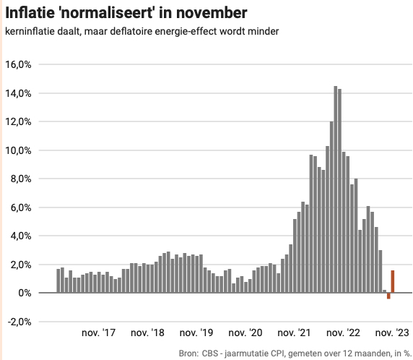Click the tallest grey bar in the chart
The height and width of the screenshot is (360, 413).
336,189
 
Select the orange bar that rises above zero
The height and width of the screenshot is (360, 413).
393,281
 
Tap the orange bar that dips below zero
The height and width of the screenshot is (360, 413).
388,296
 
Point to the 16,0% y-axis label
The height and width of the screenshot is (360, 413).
19,64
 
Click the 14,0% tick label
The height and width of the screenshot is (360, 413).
19,93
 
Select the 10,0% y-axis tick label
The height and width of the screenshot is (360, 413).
19,150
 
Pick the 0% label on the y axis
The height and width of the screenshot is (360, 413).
25,293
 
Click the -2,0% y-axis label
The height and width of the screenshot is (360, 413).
19,322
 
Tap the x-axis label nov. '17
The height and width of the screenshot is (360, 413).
99,333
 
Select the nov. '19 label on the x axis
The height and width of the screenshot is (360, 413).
196,333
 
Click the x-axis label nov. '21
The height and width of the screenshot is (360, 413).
295,333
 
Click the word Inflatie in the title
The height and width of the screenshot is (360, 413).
29,13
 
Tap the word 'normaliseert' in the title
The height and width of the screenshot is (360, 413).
102,13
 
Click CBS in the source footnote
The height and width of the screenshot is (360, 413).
212,353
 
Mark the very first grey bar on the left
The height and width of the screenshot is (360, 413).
58,280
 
